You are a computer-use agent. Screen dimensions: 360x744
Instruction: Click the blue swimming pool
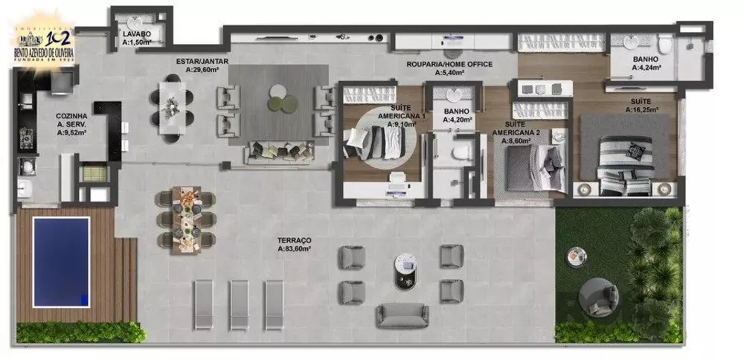[61, 262]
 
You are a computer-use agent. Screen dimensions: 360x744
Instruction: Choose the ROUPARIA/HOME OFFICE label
[449, 65]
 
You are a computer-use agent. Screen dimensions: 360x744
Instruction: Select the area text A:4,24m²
[644, 68]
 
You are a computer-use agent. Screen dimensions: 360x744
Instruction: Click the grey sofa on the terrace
[402, 315]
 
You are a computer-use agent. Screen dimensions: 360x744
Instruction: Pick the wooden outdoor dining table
[186, 219]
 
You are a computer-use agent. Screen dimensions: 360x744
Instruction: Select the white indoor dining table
[173, 110]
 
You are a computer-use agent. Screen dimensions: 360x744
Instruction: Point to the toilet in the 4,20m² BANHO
[460, 152]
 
